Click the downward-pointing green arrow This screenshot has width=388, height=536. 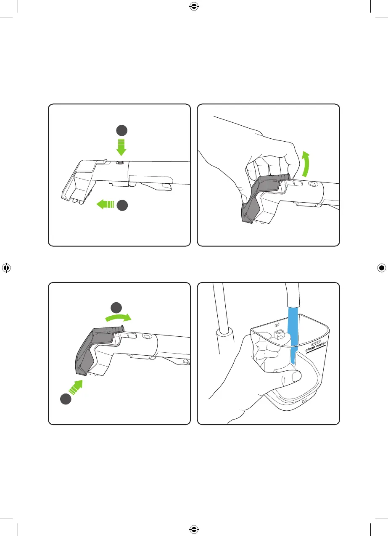click(121, 147)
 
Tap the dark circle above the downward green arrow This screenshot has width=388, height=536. click(122, 130)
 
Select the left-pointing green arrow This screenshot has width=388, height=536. click(105, 204)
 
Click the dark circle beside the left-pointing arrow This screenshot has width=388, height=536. click(122, 205)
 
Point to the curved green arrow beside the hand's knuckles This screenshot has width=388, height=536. click(306, 164)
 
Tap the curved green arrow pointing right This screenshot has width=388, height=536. click(119, 317)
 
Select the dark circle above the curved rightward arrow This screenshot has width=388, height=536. click(116, 308)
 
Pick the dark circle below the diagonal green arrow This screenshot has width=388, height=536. click(66, 399)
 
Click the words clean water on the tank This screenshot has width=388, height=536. click(316, 347)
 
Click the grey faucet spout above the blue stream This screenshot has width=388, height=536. click(292, 296)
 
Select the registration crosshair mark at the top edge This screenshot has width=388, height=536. click(194, 6)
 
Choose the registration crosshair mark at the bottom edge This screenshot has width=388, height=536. click(194, 529)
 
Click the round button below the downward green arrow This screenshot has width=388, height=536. click(120, 163)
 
